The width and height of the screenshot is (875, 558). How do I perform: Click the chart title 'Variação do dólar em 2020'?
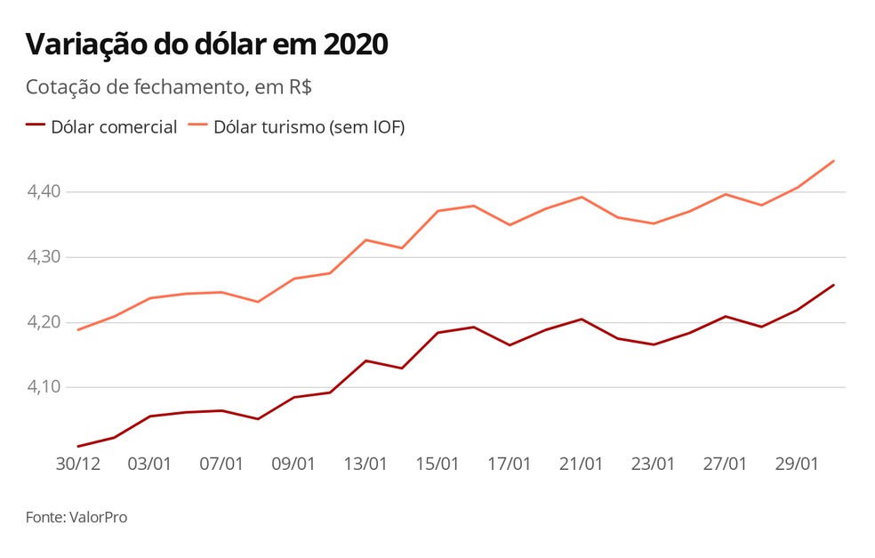coord(206,44)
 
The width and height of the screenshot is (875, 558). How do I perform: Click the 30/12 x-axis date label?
coord(77,464)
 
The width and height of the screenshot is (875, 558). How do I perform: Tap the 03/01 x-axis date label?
coord(149,464)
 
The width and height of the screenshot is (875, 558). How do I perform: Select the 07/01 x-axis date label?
coord(221,464)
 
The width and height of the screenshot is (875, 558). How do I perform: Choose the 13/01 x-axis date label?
coord(365,464)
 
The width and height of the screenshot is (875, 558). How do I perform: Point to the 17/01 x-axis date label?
coord(510,464)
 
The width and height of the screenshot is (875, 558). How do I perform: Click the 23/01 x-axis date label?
coord(653,464)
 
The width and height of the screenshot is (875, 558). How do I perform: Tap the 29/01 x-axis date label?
coord(797,464)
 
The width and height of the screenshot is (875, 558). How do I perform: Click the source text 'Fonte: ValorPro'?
coord(76,517)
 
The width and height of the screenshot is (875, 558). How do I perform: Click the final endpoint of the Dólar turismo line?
coord(833,161)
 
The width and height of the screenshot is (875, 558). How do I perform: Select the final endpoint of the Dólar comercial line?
coord(833,285)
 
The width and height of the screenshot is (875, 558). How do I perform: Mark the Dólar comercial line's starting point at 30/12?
coord(78,446)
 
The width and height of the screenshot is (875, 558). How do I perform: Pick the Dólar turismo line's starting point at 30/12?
coord(78,330)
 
